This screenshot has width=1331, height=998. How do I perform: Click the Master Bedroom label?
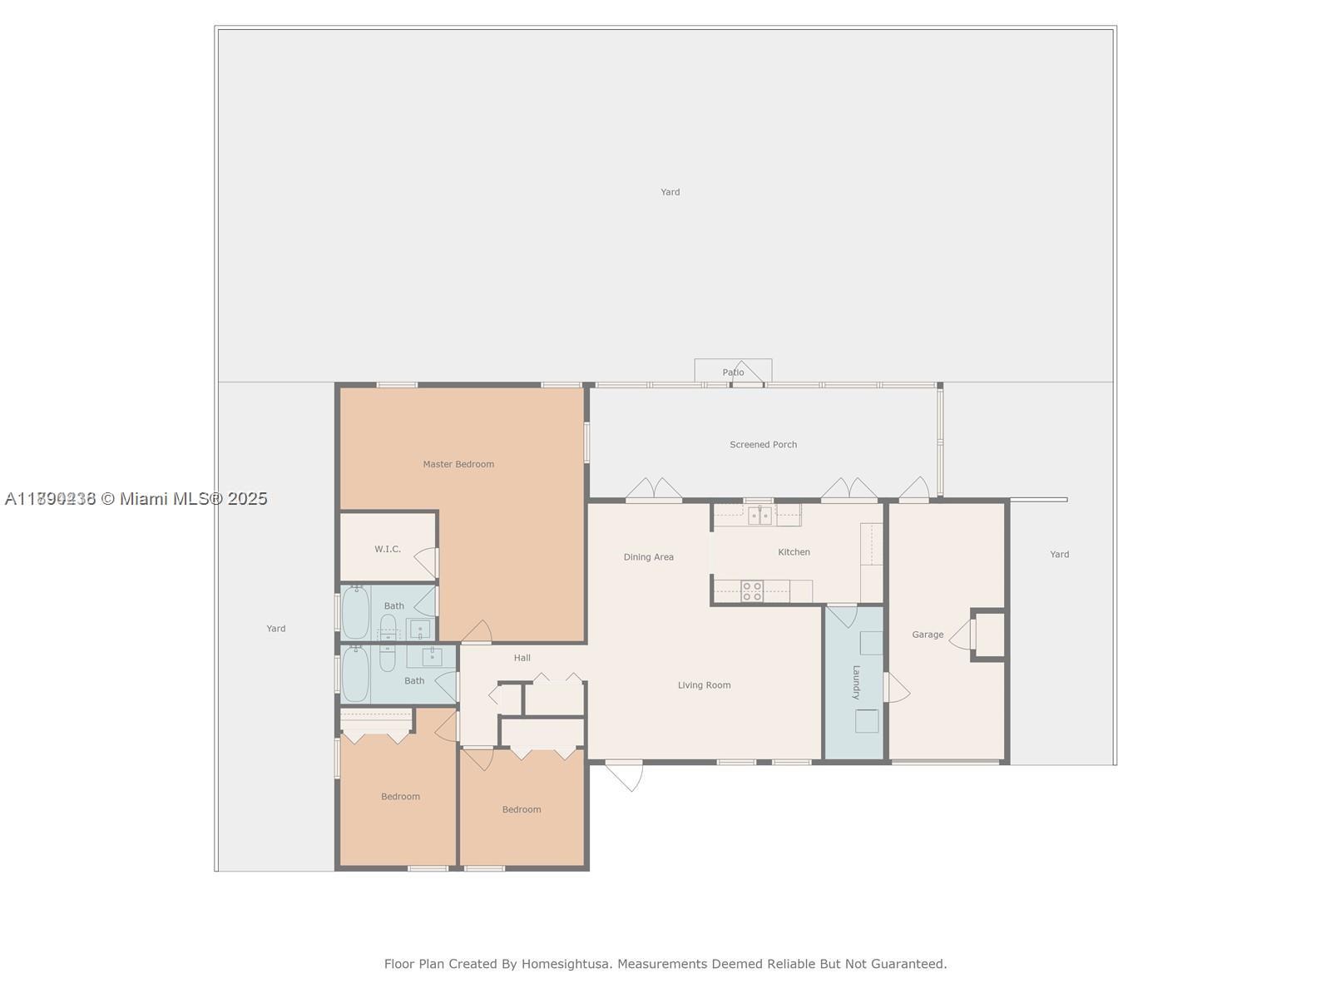coord(458,464)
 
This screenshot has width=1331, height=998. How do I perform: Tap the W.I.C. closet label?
coord(388,549)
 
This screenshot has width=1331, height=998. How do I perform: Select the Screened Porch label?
coord(763,444)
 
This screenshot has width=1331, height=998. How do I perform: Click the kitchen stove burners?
coord(752,591)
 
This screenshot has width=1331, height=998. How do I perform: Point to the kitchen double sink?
coord(759,516)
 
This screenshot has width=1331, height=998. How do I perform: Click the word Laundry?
coord(856,682)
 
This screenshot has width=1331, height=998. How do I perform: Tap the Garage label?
coord(928,635)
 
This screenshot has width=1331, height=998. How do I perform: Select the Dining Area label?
coord(648,557)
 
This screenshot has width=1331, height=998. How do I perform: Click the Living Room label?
coord(704,685)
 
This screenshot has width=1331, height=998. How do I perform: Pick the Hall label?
coord(522,658)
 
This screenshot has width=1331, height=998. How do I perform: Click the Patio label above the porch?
coord(733,373)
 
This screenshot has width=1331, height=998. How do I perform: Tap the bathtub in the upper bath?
coord(356,613)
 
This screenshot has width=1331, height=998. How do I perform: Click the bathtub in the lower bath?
coord(356,674)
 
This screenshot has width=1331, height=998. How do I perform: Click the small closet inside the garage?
coord(989,635)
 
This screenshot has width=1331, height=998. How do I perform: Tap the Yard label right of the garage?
coord(1059,554)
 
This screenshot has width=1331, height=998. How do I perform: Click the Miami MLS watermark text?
coord(136,498)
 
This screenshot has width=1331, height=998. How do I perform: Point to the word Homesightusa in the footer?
coord(567,964)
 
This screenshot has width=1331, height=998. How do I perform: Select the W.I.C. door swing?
coord(428,562)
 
